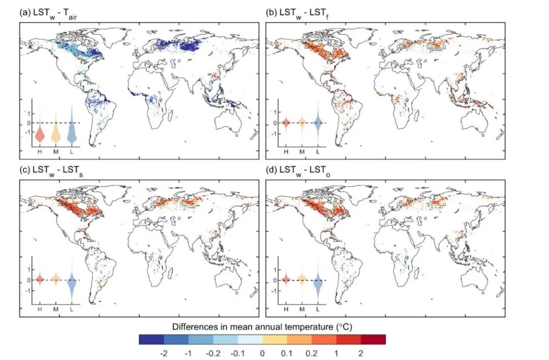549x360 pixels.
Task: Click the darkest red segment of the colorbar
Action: coord(373,339)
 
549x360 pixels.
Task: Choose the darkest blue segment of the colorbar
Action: coord(151,339)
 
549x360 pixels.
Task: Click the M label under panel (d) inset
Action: coord(302,309)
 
